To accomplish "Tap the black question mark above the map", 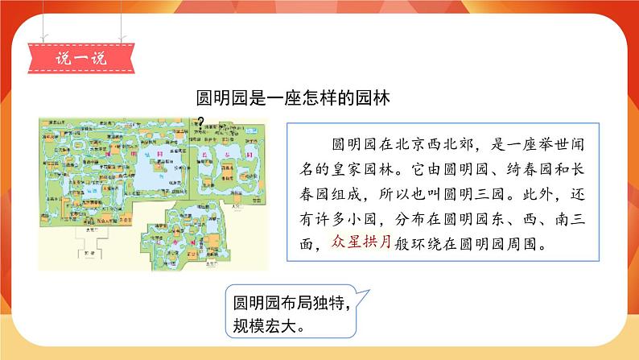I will coord(199,122).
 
